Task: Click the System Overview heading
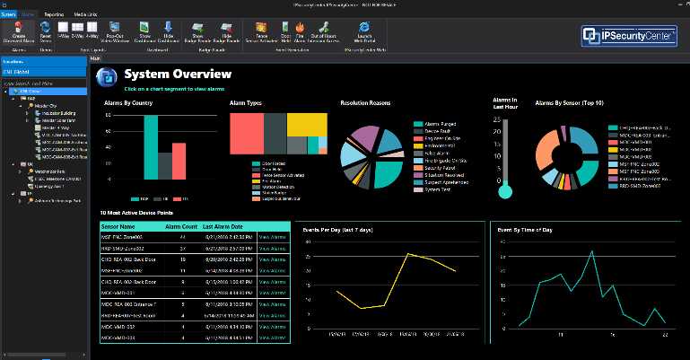178,74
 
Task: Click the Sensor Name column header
118,227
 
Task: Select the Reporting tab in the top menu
54,14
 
